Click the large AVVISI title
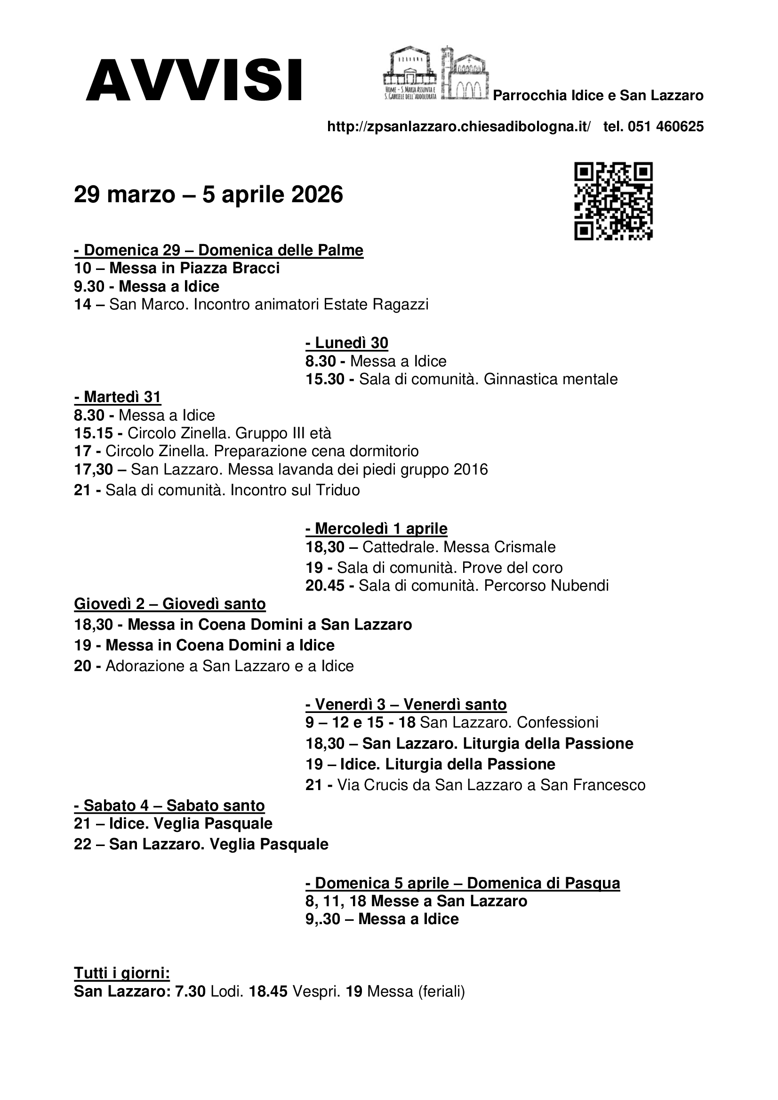[193, 80]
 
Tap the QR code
[613, 201]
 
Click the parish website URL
[459, 127]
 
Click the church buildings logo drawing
[435, 73]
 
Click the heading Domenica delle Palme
[281, 250]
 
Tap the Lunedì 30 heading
[346, 342]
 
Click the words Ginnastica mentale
[550, 379]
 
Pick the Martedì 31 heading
[118, 397]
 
